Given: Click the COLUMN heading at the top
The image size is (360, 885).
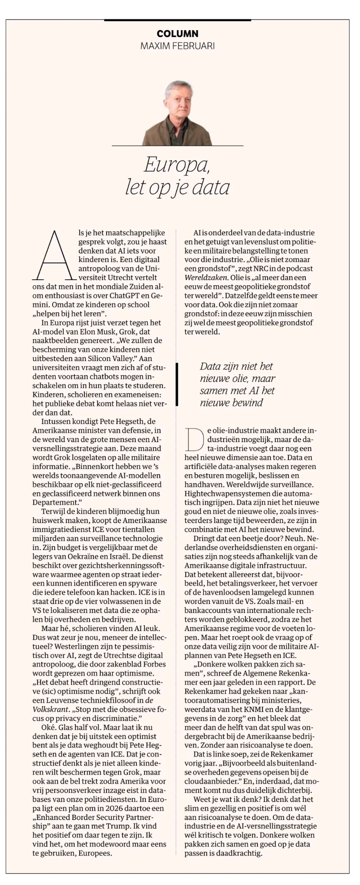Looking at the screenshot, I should coord(177,34).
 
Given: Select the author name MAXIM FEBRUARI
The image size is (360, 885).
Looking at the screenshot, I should coord(177,46).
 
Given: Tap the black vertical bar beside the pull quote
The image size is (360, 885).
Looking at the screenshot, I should coord(177,384).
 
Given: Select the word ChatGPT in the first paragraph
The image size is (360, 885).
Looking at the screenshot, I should coord(119,295).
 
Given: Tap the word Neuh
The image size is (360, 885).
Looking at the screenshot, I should coord(277,538).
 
